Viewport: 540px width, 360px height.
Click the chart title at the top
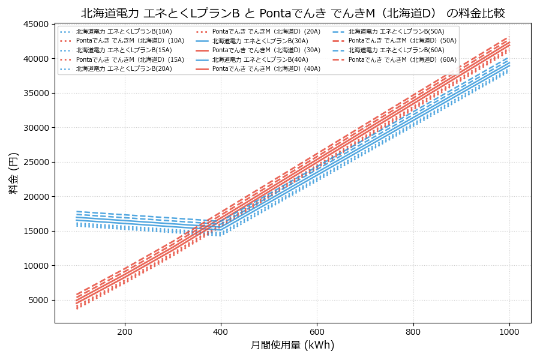pyautogui.click(x=293, y=13)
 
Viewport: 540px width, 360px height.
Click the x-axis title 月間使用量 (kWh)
pyautogui.click(x=293, y=346)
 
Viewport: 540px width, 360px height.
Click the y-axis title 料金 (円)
pyautogui.click(x=13, y=173)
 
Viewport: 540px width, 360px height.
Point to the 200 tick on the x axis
pyautogui.click(x=125, y=332)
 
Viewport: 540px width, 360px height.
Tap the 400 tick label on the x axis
pyautogui.click(x=221, y=332)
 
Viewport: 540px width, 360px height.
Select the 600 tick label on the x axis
pyautogui.click(x=317, y=332)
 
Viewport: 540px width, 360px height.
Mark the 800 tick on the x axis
pyautogui.click(x=413, y=332)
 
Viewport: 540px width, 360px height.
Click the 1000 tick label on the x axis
pyautogui.click(x=509, y=332)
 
